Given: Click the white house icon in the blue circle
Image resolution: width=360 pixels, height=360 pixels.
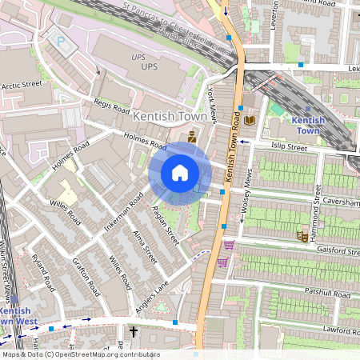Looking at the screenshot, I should click(180, 173).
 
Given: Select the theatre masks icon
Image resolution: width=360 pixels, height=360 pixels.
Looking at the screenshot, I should click(302, 236).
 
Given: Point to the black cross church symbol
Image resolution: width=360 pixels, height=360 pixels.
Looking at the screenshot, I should click(134, 330).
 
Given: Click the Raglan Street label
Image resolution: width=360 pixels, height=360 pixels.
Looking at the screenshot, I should click(164, 226).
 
